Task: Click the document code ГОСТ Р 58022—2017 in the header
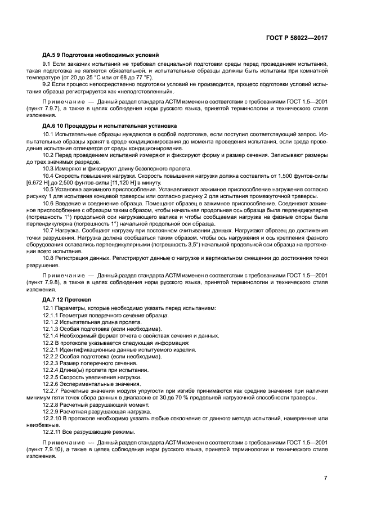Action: [297, 37]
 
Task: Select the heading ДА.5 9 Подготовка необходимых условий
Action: [100, 55]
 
